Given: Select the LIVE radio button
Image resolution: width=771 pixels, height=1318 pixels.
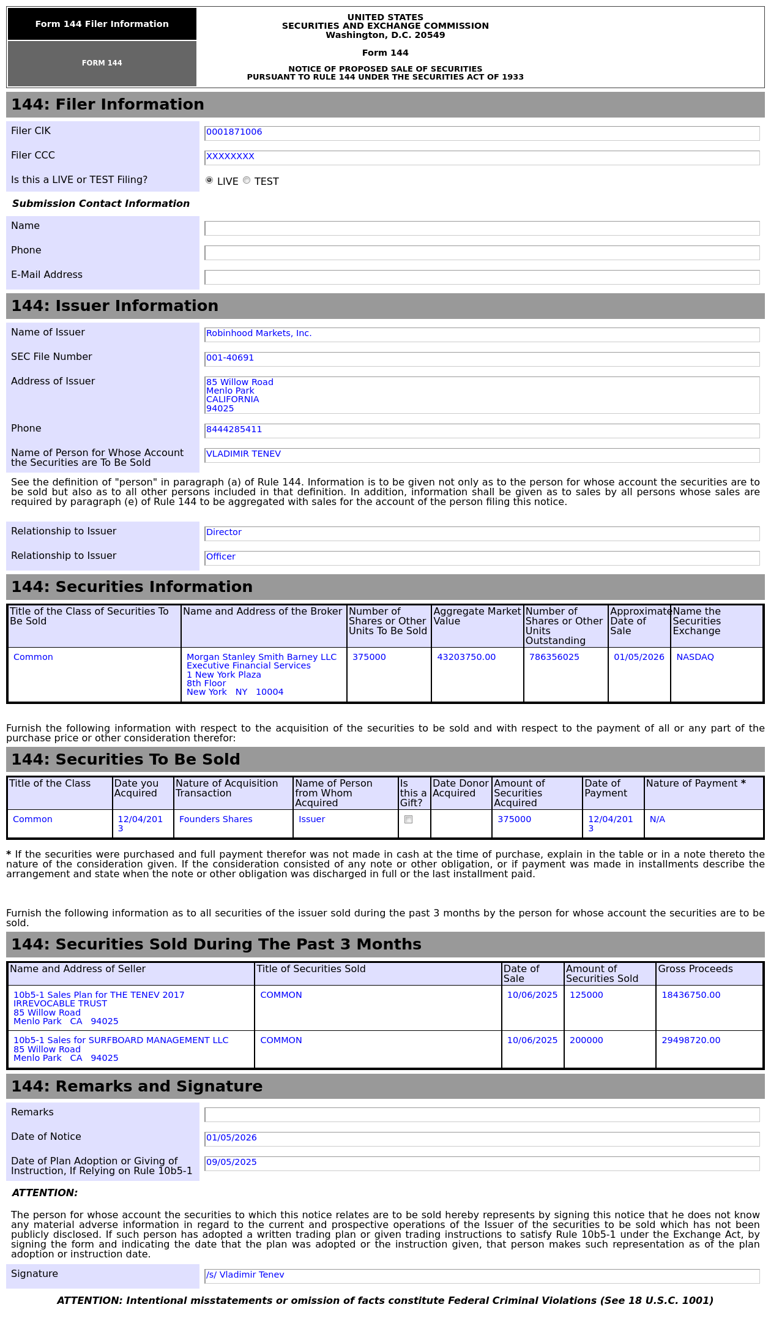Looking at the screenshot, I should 209,180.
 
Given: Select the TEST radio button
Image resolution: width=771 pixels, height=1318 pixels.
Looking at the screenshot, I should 247,180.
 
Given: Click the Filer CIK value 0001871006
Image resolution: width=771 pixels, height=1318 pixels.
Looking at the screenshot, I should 234,132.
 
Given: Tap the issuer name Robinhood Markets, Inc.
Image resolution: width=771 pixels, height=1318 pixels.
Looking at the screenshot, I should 259,334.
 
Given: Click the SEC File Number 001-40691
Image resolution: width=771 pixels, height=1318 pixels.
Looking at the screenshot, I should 230,358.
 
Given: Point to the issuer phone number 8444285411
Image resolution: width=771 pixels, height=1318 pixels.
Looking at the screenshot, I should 234,430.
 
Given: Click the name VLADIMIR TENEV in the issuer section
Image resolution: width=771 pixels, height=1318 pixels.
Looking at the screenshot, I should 244,454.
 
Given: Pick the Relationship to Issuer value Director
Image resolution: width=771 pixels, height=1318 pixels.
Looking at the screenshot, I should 224,533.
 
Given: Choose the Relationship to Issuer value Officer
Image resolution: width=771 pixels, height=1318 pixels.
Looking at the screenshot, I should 221,557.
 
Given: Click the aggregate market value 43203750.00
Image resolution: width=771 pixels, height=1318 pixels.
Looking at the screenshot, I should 466,657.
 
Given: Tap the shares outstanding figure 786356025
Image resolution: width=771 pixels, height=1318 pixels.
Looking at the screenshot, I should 554,657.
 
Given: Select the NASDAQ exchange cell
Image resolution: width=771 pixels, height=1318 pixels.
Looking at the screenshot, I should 695,657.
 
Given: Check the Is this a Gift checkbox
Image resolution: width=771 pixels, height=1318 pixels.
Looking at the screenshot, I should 409,820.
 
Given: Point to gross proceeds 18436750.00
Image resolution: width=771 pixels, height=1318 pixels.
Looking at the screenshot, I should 691,995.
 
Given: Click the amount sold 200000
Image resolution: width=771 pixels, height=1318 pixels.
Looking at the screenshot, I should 586,1041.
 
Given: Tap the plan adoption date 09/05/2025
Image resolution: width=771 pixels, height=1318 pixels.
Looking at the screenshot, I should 231,1163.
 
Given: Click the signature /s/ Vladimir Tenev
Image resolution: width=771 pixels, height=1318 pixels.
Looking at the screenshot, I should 245,1275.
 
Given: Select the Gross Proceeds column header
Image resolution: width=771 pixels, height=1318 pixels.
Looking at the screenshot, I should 695,969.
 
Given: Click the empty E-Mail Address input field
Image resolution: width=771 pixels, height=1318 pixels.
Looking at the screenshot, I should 482,277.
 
